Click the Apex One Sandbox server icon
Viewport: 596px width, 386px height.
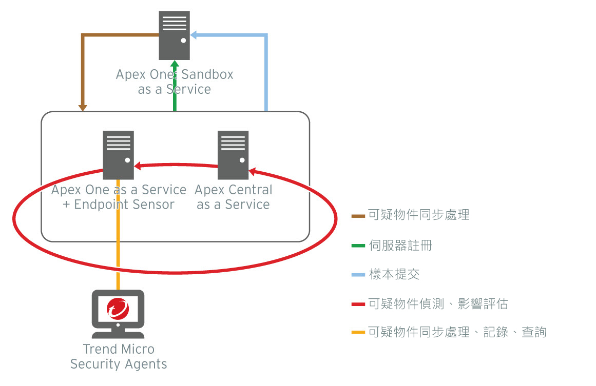tap(175, 35)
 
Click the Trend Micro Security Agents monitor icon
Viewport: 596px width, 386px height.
tap(118, 310)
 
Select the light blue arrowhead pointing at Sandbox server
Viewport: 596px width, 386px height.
tap(194, 35)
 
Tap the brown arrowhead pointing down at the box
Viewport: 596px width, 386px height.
tap(83, 108)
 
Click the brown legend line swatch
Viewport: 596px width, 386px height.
tap(358, 215)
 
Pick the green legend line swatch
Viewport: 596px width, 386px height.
tap(358, 246)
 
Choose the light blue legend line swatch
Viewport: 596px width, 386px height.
tap(358, 275)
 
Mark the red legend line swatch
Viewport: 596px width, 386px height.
tap(358, 304)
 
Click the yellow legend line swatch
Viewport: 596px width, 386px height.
tap(358, 332)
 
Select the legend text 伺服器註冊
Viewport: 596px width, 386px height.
tap(400, 246)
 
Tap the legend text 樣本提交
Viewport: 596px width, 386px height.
tap(394, 274)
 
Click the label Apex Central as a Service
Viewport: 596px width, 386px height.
tap(234, 197)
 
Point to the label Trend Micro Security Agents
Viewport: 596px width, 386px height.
tap(119, 357)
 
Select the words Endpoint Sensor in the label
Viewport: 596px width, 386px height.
tap(125, 205)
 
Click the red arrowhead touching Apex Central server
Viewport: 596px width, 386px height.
tap(252, 171)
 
